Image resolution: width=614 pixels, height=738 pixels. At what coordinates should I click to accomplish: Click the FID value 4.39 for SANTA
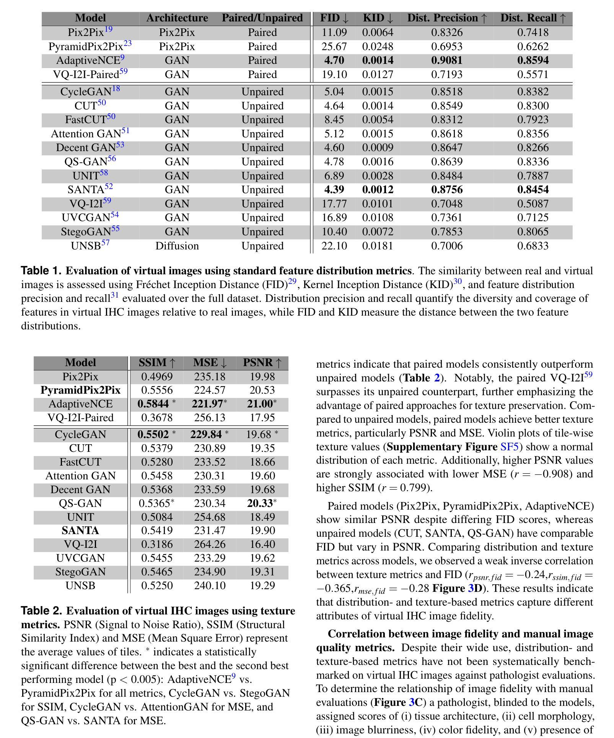(x=334, y=190)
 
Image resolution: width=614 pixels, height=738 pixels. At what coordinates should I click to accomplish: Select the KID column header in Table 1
(x=378, y=18)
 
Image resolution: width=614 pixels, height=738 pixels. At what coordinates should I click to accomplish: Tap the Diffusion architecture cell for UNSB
(x=177, y=246)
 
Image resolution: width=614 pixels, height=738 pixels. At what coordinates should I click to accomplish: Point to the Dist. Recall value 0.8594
(x=533, y=60)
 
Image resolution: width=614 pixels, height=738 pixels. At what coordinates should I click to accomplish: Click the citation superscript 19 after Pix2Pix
(x=108, y=29)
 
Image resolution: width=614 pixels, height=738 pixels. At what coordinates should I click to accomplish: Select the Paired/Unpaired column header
(x=262, y=18)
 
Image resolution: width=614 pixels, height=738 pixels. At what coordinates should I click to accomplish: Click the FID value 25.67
(x=334, y=47)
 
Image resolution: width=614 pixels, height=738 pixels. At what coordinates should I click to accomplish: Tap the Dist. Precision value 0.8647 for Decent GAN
(x=446, y=148)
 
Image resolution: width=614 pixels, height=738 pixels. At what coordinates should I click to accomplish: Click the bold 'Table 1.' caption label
(x=41, y=271)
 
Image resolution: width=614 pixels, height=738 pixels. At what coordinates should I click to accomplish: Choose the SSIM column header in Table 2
(x=157, y=363)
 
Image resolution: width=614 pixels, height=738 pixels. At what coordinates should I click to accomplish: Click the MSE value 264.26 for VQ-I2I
(x=210, y=544)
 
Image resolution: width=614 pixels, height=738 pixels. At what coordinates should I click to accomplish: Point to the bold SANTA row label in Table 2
(x=80, y=531)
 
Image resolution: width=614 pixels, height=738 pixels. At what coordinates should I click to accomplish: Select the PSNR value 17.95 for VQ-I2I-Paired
(x=262, y=417)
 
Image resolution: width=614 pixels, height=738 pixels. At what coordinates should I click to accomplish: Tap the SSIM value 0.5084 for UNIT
(x=157, y=517)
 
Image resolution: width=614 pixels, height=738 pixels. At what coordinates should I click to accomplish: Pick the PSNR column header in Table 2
(x=262, y=363)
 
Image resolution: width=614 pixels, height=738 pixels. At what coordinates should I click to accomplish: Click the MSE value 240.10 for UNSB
(x=210, y=586)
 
